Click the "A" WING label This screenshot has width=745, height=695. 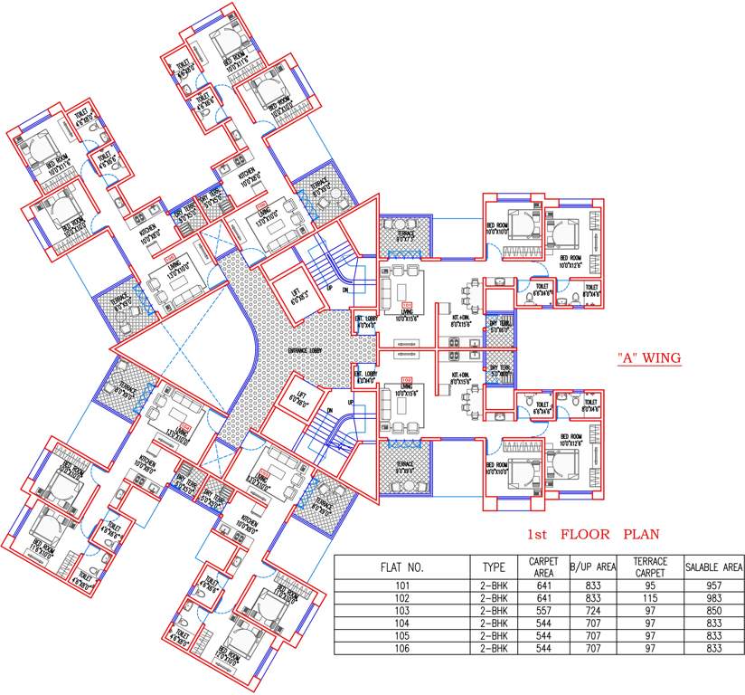pos(648,358)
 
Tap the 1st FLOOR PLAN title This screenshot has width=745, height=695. pos(593,534)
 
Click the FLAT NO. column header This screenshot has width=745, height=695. pos(402,567)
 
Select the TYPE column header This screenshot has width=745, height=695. pos(494,567)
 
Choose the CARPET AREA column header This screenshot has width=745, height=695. pos(542,567)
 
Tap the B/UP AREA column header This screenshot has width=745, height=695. pos(593,567)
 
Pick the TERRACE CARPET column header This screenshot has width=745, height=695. pos(650,567)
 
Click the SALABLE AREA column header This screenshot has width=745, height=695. pos(714,567)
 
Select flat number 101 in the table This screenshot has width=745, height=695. pos(402,586)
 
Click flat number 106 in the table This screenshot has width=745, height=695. pos(402,648)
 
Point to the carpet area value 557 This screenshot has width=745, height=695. pos(542,611)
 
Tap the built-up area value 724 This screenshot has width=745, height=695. pos(593,611)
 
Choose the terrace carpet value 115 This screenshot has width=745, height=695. pos(650,598)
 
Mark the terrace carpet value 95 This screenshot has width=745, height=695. pos(650,586)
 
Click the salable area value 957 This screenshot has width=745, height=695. pos(714,586)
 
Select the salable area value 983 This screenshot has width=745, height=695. pos(714,598)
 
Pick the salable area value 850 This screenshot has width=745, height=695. pos(714,611)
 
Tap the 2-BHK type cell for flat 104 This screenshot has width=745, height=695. pos(494,624)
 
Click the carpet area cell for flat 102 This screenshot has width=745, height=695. pos(542,598)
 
